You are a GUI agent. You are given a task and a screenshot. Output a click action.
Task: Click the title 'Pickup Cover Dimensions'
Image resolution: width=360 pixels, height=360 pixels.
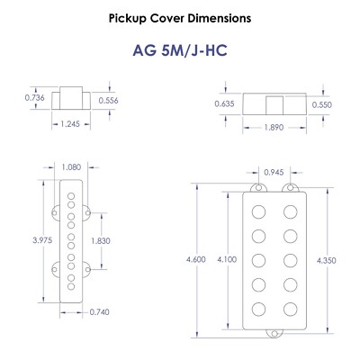pos(180,18)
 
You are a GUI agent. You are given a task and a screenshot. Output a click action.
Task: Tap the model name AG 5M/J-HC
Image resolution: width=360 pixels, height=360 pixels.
pos(180,50)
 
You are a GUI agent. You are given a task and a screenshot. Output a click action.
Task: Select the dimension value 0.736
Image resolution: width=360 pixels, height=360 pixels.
pos(34,98)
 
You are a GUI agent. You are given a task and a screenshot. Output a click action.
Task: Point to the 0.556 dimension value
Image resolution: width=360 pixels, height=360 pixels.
pos(108,101)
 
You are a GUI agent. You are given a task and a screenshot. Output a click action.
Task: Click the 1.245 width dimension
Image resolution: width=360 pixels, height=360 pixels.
pos(70,124)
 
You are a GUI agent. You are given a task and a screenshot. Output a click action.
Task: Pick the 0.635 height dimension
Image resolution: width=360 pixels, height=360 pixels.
pos(224,104)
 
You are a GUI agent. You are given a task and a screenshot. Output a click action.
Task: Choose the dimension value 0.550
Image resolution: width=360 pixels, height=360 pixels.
pos(322,104)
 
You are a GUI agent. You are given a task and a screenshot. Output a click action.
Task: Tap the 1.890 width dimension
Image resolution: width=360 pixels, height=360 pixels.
pos(274,128)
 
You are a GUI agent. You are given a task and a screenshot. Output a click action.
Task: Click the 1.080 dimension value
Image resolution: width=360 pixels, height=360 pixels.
pos(71,167)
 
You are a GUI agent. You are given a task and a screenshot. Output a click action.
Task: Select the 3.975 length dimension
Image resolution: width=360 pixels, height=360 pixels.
pos(42,240)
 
